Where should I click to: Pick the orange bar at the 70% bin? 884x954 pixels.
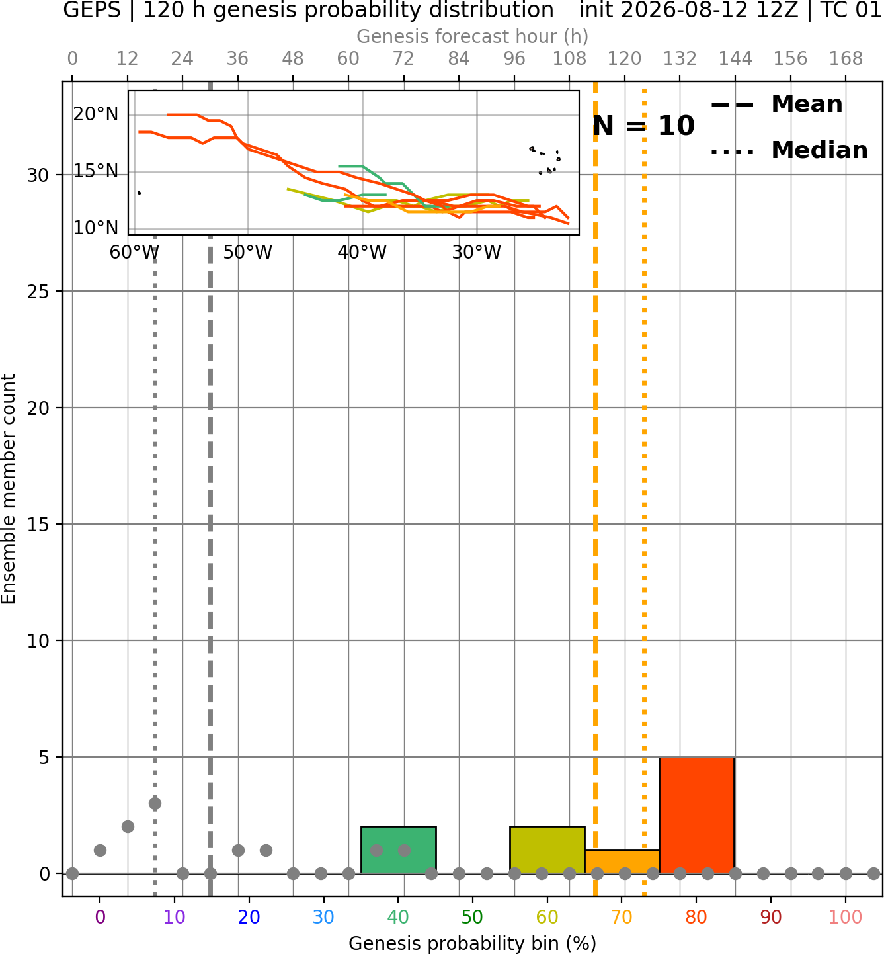(622, 862)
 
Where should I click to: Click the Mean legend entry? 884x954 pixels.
(776, 105)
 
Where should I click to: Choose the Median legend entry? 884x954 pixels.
(789, 150)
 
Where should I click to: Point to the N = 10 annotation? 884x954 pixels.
(643, 126)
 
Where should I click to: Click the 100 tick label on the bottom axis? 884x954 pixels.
(846, 917)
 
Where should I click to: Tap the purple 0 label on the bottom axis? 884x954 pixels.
(100, 917)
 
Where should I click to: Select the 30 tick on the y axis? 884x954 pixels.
(38, 175)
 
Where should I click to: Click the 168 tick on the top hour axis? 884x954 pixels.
(846, 59)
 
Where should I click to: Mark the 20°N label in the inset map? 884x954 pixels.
(96, 114)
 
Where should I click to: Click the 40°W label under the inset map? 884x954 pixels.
(362, 252)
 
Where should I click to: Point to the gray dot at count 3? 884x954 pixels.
(155, 804)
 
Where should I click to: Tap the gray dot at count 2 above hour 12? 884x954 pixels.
(128, 827)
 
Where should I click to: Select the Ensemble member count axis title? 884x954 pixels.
(9, 489)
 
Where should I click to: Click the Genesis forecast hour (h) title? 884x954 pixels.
(473, 36)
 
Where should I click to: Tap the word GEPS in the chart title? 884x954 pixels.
(92, 10)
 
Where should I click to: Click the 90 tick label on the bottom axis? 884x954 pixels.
(771, 917)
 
